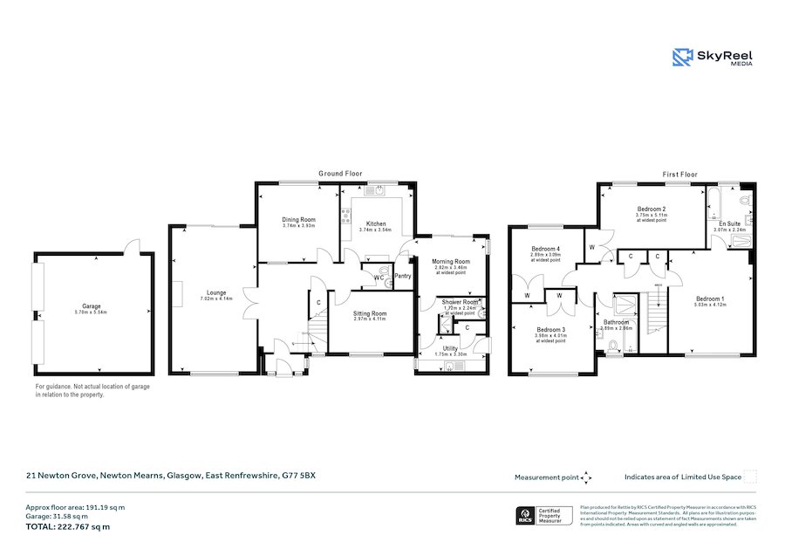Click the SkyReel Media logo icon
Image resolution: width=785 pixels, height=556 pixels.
pyautogui.click(x=682, y=58)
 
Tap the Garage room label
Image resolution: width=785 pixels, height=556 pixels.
pyautogui.click(x=92, y=306)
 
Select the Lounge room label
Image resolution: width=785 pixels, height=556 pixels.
pyautogui.click(x=215, y=292)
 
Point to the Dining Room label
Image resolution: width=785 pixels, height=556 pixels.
pyautogui.click(x=297, y=219)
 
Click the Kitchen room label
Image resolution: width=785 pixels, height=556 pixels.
pyautogui.click(x=375, y=223)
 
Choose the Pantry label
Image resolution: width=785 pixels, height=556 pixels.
pyautogui.click(x=403, y=276)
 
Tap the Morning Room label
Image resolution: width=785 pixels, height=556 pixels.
pyautogui.click(x=450, y=261)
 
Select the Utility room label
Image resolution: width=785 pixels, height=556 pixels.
pyautogui.click(x=450, y=348)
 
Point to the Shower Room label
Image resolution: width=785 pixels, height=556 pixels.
pyautogui.click(x=460, y=302)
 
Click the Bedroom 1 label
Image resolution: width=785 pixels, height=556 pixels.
pyautogui.click(x=709, y=299)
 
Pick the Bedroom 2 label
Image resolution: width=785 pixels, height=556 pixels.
pyautogui.click(x=652, y=209)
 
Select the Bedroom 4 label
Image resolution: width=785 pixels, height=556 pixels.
pyautogui.click(x=546, y=249)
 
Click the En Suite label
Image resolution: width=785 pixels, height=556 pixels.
pyautogui.click(x=729, y=223)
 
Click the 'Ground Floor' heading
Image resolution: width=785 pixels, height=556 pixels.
pyautogui.click(x=340, y=175)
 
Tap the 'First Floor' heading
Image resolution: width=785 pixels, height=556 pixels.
pyautogui.click(x=680, y=175)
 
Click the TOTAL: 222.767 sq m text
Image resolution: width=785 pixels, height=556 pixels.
pyautogui.click(x=67, y=526)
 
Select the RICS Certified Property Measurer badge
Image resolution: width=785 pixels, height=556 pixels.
pyautogui.click(x=546, y=516)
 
